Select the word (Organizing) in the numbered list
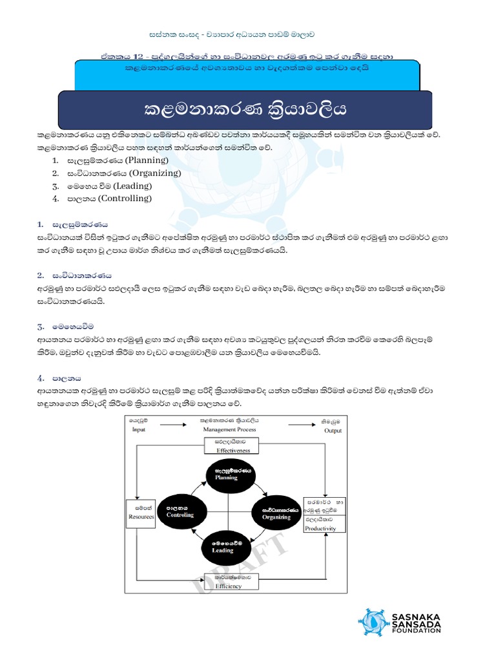[x=154, y=173]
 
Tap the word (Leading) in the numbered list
[x=132, y=186]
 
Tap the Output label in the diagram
[x=333, y=431]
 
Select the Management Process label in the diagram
[x=229, y=429]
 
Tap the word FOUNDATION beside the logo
[x=417, y=630]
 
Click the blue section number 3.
[x=39, y=327]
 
